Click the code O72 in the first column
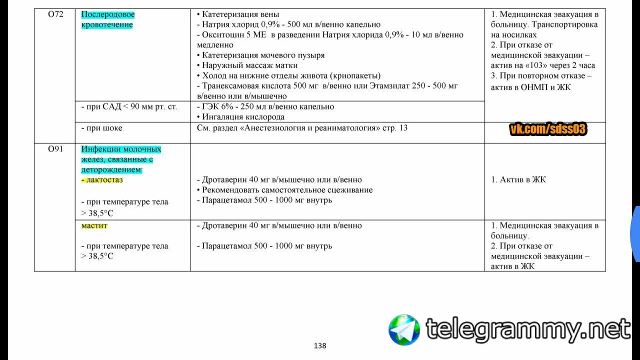tap(55, 14)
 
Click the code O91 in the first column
tap(55, 149)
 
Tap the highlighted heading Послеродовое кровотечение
tap(107, 19)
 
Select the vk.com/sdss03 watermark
tap(547, 129)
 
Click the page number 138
tap(320, 345)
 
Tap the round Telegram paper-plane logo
tap(404, 329)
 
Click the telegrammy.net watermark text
tap(528, 329)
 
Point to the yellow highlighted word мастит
tap(94, 225)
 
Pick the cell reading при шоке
tap(101, 128)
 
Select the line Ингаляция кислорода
tap(243, 117)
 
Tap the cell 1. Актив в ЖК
tap(518, 179)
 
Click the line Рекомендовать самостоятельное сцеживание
tap(287, 190)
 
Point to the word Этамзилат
tap(391, 86)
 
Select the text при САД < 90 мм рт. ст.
tap(129, 106)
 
